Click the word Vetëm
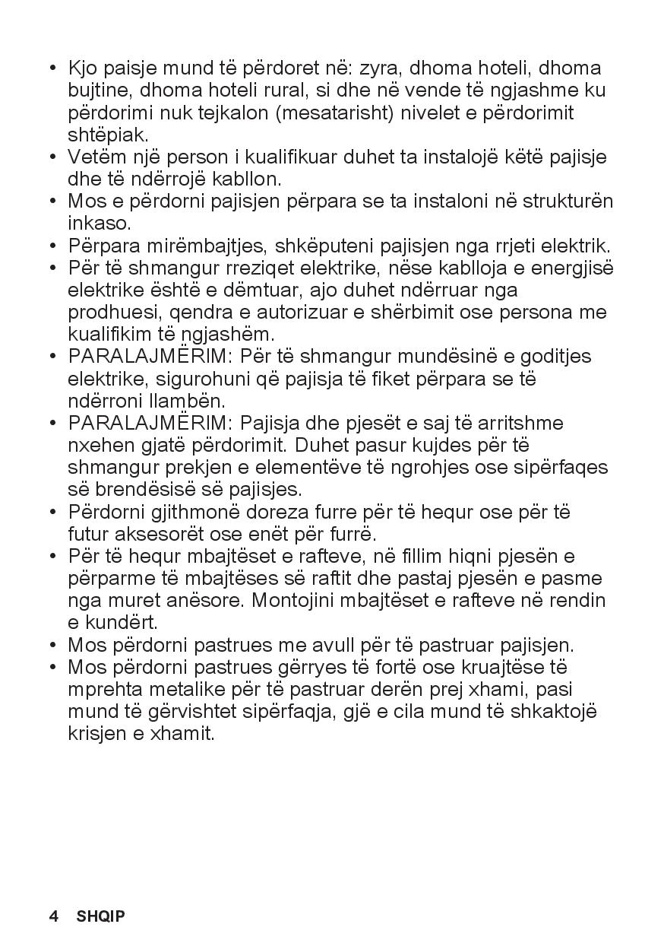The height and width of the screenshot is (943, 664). pos(93,157)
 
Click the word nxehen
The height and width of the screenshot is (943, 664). pos(97,445)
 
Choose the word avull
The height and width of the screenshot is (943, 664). pos(360,645)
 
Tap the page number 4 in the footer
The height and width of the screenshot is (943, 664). pos(54,916)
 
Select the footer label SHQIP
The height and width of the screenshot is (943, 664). pos(100,916)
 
